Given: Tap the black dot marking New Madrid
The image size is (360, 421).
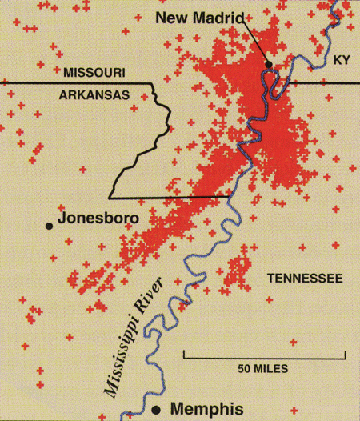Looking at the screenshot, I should pyautogui.click(x=270, y=64).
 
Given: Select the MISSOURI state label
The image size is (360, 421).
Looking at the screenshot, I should pyautogui.click(x=94, y=73).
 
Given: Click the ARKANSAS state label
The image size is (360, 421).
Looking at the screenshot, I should pyautogui.click(x=95, y=94).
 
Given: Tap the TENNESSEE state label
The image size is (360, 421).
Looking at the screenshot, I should pyautogui.click(x=304, y=278).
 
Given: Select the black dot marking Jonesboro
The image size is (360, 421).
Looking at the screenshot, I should pyautogui.click(x=50, y=227).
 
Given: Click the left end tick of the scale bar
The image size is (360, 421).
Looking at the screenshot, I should pyautogui.click(x=185, y=353).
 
